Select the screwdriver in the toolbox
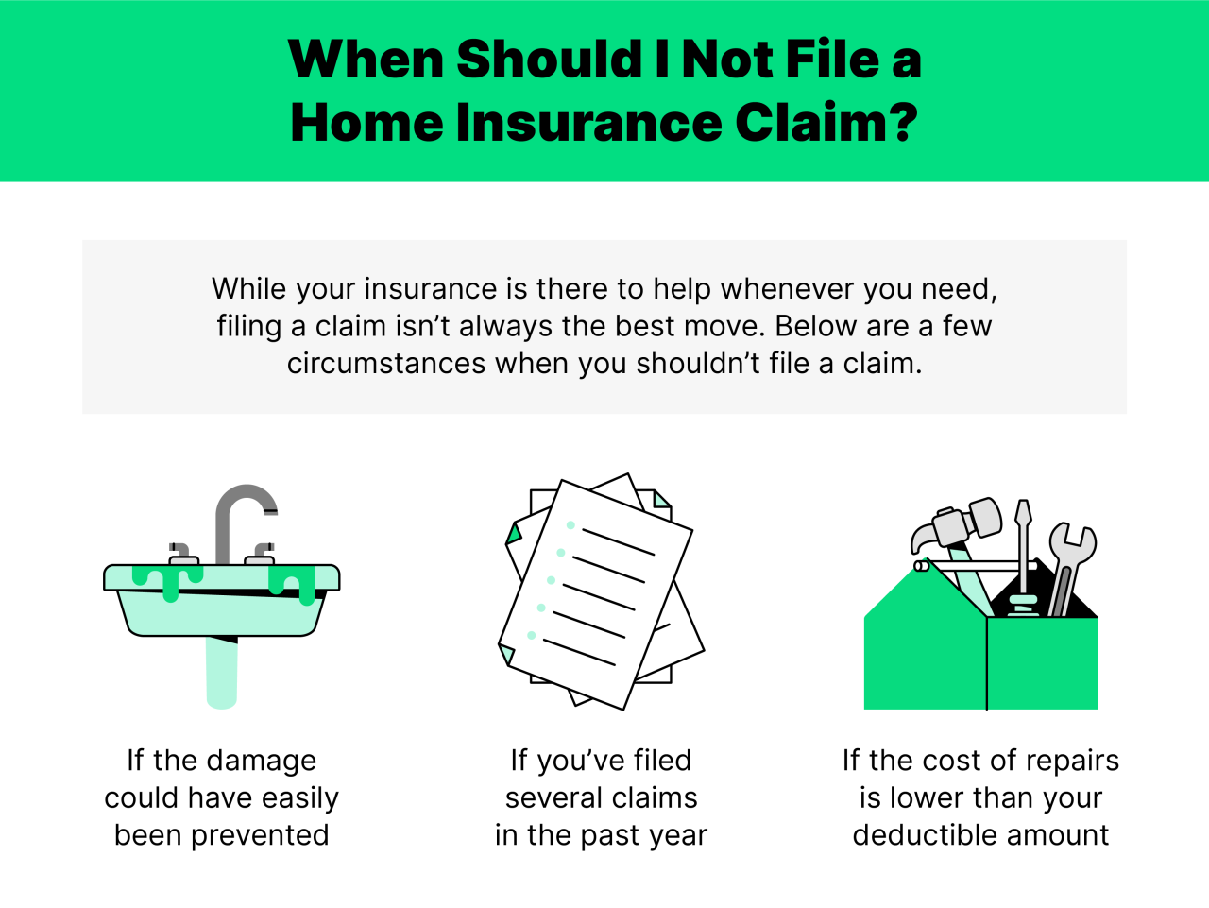tap(1022, 557)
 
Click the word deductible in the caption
tap(921, 835)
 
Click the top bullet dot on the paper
tap(570, 525)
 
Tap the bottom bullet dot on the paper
tap(532, 635)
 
